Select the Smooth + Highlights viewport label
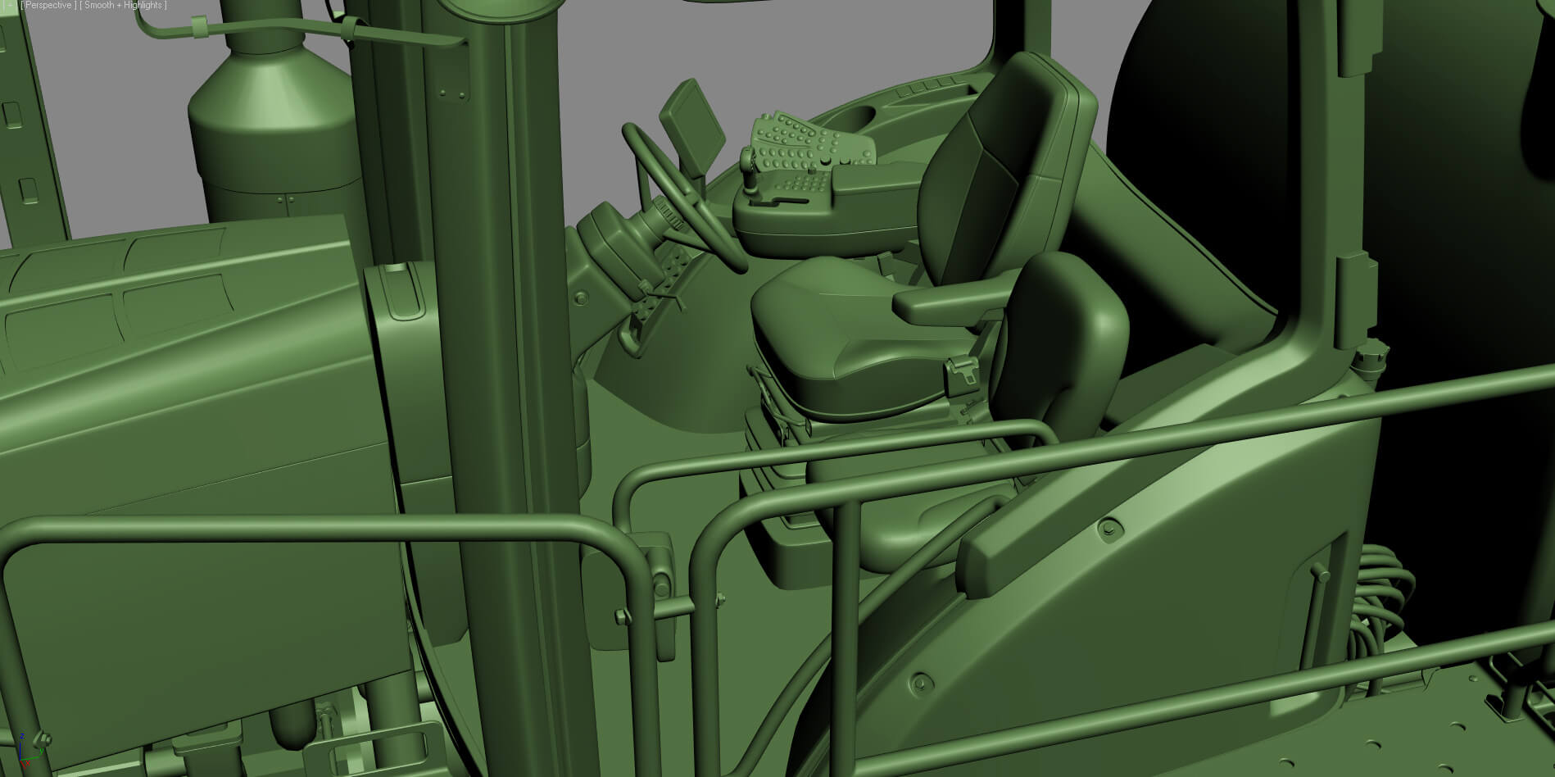pos(123,6)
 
